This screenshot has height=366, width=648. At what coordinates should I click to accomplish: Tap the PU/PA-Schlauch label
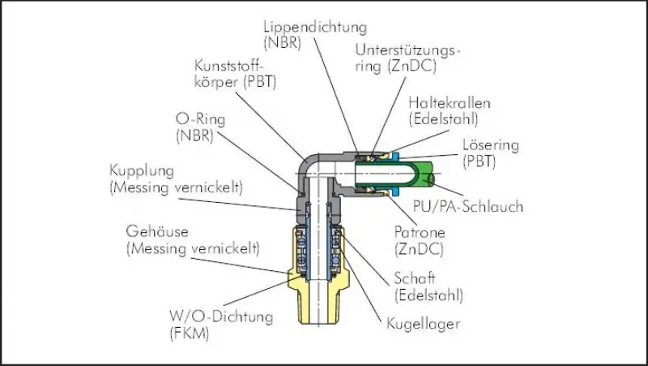click(x=467, y=206)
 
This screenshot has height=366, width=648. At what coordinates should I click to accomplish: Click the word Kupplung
click(x=143, y=171)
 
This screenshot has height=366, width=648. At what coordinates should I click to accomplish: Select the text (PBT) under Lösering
click(x=479, y=163)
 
